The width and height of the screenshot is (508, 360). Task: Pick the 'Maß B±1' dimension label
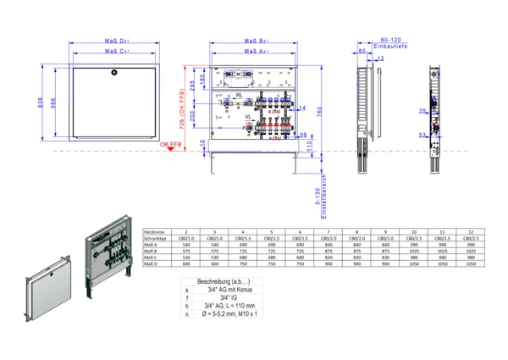[x=257, y=40]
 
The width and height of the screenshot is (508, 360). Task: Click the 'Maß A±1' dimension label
[x=257, y=52]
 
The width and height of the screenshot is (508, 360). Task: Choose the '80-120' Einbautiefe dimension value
[x=389, y=39]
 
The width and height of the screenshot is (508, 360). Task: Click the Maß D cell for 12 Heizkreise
[x=473, y=263]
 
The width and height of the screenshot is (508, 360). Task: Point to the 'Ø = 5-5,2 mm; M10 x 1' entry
[x=226, y=314]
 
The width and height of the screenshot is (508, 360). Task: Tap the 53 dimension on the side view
[x=421, y=134]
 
